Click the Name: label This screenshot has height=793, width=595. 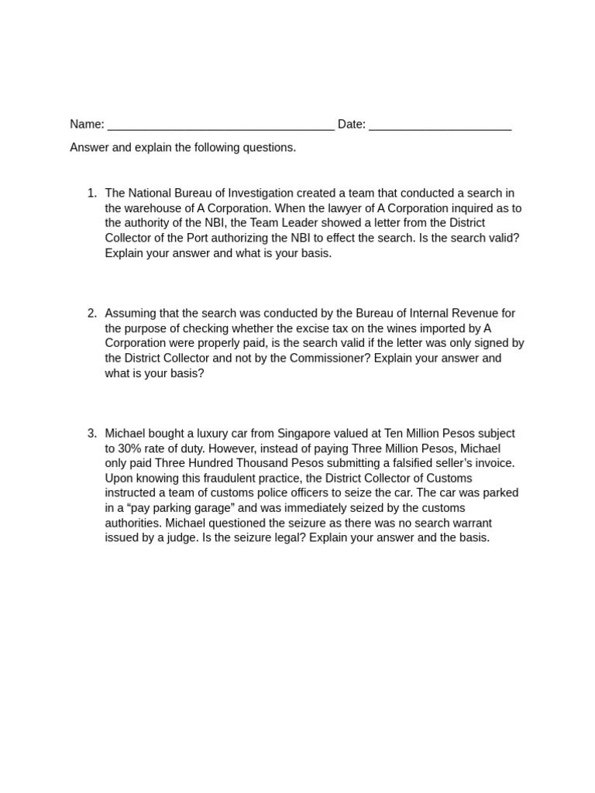click(x=87, y=125)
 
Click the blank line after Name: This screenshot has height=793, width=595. click(x=221, y=127)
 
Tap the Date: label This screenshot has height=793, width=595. click(x=351, y=125)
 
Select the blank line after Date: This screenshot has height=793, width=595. click(x=440, y=127)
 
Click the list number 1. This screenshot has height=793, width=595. click(x=92, y=194)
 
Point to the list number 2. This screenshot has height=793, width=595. click(x=92, y=314)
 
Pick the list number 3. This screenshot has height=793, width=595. click(x=92, y=434)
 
